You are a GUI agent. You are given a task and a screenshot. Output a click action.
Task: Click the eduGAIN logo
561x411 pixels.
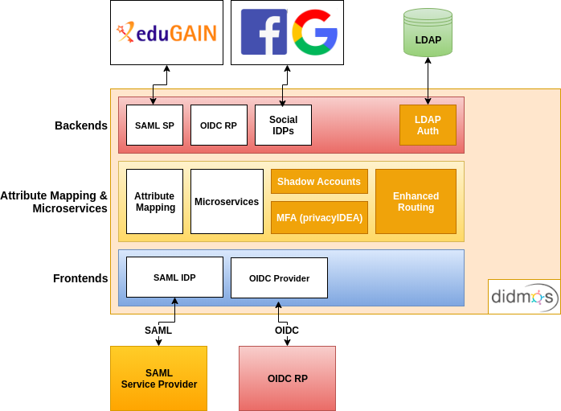point(166,33)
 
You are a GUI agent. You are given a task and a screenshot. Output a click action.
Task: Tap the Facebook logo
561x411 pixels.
point(264,32)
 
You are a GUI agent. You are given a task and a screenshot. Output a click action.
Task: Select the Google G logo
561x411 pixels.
point(314,32)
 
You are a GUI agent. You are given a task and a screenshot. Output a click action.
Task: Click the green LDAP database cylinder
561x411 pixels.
point(428,33)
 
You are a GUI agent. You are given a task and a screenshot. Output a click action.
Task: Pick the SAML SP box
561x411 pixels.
point(154,125)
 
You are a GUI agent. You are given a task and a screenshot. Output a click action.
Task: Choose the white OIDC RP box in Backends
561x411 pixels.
point(219,125)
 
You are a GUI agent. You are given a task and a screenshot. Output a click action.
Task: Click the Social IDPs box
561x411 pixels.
point(283,125)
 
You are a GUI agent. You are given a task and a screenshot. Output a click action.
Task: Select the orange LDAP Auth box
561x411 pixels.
point(428,125)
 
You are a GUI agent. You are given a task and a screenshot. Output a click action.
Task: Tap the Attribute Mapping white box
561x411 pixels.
point(154,201)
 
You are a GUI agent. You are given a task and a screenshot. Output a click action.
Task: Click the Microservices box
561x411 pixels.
point(227,201)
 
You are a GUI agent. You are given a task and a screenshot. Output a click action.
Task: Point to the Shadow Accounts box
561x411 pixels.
point(319,182)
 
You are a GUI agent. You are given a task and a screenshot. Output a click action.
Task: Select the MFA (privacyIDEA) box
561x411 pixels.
point(319,217)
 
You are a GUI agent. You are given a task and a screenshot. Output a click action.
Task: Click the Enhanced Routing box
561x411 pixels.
point(416,201)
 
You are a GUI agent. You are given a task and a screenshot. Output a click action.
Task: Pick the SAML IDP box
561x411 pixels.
point(174,277)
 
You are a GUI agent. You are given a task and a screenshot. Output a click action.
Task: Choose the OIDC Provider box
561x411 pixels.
point(279,278)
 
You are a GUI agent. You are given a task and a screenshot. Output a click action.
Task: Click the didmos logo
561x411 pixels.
point(524,298)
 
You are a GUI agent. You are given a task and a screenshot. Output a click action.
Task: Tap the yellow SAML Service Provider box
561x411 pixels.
point(158,378)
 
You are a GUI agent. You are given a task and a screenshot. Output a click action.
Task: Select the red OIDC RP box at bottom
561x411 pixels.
point(287,378)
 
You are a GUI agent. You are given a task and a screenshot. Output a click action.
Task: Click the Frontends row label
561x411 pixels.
point(80,278)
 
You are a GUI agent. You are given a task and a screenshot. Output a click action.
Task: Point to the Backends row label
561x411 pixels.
point(81,125)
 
